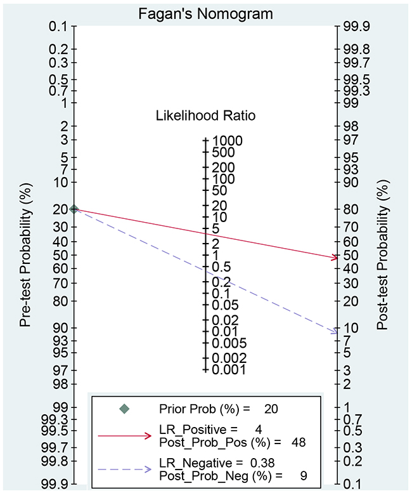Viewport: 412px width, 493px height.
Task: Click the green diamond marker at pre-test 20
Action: pyautogui.click(x=74, y=209)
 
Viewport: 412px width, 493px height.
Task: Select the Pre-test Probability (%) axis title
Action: pyautogui.click(x=25, y=254)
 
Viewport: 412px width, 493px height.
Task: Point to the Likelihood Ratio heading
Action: pyautogui.click(x=206, y=115)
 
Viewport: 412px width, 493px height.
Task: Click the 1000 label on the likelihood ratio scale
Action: pyautogui.click(x=228, y=140)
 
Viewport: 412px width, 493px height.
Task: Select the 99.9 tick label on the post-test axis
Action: pyautogui.click(x=356, y=27)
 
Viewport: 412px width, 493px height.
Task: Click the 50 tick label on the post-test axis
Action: pyautogui.click(x=351, y=255)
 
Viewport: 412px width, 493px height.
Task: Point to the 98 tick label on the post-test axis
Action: pyautogui.click(x=351, y=126)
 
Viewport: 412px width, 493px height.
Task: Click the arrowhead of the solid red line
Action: pyautogui.click(x=334, y=258)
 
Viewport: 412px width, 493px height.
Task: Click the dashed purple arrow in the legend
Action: pyautogui.click(x=124, y=470)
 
